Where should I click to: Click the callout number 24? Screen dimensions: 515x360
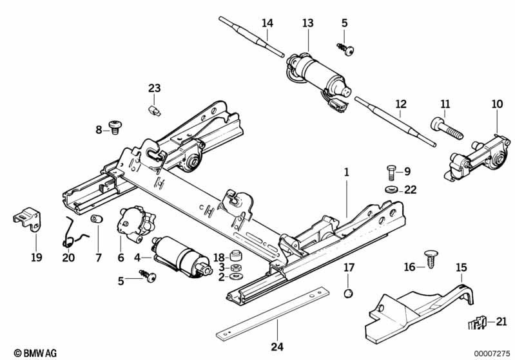click(x=277, y=347)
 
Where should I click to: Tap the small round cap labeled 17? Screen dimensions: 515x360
click(x=349, y=293)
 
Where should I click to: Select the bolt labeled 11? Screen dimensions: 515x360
click(x=447, y=129)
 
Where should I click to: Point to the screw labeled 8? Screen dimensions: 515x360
click(x=115, y=127)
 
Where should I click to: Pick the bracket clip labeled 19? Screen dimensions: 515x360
click(x=28, y=218)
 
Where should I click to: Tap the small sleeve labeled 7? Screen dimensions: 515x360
click(x=96, y=218)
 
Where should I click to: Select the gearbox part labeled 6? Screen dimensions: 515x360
click(x=135, y=224)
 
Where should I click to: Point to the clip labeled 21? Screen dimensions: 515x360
click(x=477, y=322)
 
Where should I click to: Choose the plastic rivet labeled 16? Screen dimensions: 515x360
click(x=431, y=259)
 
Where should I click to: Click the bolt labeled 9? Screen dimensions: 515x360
click(x=391, y=173)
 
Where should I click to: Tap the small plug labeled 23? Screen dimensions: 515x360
click(x=153, y=110)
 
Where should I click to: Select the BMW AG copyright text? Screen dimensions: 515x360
click(x=35, y=353)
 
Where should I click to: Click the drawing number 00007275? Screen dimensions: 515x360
click(x=492, y=354)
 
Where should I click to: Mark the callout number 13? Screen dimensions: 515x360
click(x=307, y=23)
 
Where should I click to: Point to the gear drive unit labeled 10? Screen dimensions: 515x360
click(x=477, y=158)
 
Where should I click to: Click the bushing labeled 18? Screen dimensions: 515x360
click(x=235, y=255)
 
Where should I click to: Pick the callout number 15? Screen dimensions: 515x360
click(x=462, y=267)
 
